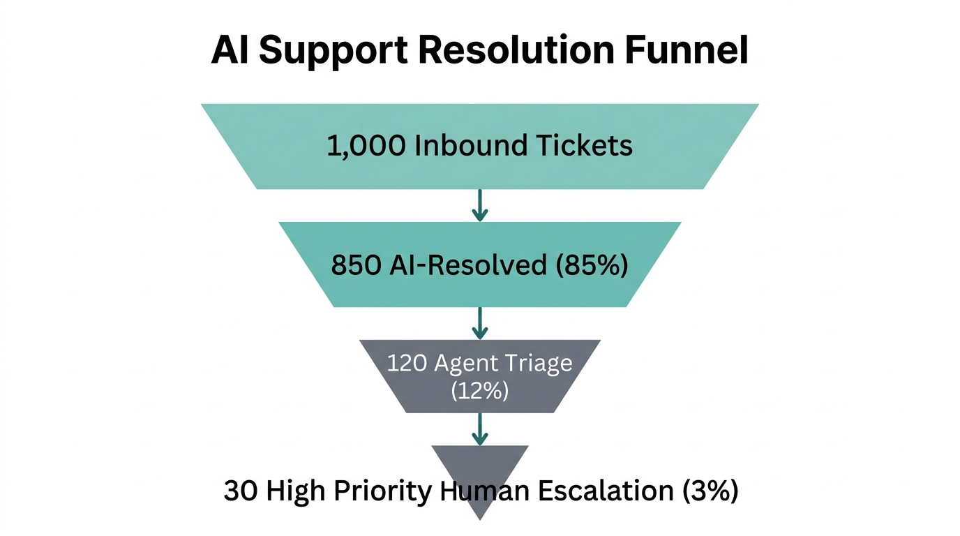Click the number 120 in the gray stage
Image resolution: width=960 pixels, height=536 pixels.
407,364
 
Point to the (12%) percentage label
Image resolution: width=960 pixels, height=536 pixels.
479,391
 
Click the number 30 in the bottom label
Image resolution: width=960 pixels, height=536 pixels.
239,491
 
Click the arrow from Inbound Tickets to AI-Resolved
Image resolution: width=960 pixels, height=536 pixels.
479,205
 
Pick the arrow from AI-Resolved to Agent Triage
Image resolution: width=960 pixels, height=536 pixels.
479,323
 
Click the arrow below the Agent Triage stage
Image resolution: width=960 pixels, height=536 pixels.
479,429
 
